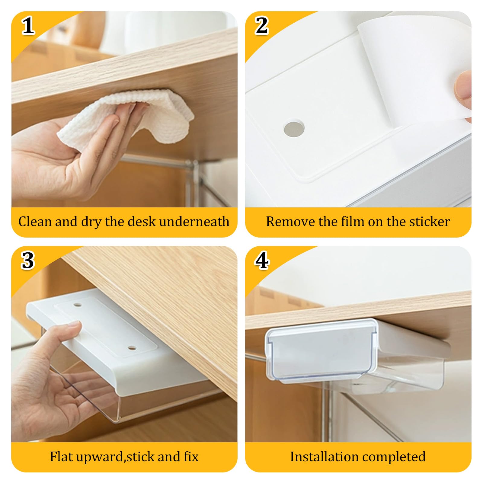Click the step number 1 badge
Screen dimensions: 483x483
pyautogui.click(x=28, y=26)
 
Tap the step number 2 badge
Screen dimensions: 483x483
pyautogui.click(x=262, y=26)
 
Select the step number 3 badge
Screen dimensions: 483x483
pyautogui.click(x=28, y=261)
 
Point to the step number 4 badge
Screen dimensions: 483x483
pyautogui.click(x=261, y=261)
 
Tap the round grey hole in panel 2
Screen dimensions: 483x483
pyautogui.click(x=294, y=129)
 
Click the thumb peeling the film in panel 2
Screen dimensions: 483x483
pyautogui.click(x=462, y=86)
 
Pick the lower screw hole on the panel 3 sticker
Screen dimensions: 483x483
pyautogui.click(x=132, y=348)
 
